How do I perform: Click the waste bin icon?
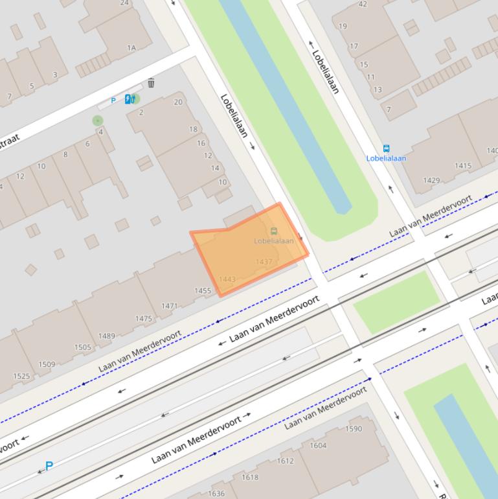tap(151, 83)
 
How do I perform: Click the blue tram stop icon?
tap(387, 149)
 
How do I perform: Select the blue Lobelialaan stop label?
tap(386, 158)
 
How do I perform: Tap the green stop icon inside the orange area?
tap(274, 231)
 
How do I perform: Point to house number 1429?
tap(431, 181)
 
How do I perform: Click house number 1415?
tap(463, 166)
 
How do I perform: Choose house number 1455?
tap(203, 291)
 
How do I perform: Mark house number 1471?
tap(170, 306)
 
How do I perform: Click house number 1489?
tap(106, 336)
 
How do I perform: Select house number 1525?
tap(21, 377)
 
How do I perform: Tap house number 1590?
tap(354, 429)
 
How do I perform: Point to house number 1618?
tap(250, 478)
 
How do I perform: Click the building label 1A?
tap(131, 48)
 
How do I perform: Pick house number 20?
tap(178, 102)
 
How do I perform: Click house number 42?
tap(363, 4)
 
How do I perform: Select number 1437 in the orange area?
tap(264, 262)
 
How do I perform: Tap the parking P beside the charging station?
tap(113, 100)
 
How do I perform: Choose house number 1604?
tap(318, 445)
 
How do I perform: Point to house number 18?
tap(193, 130)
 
